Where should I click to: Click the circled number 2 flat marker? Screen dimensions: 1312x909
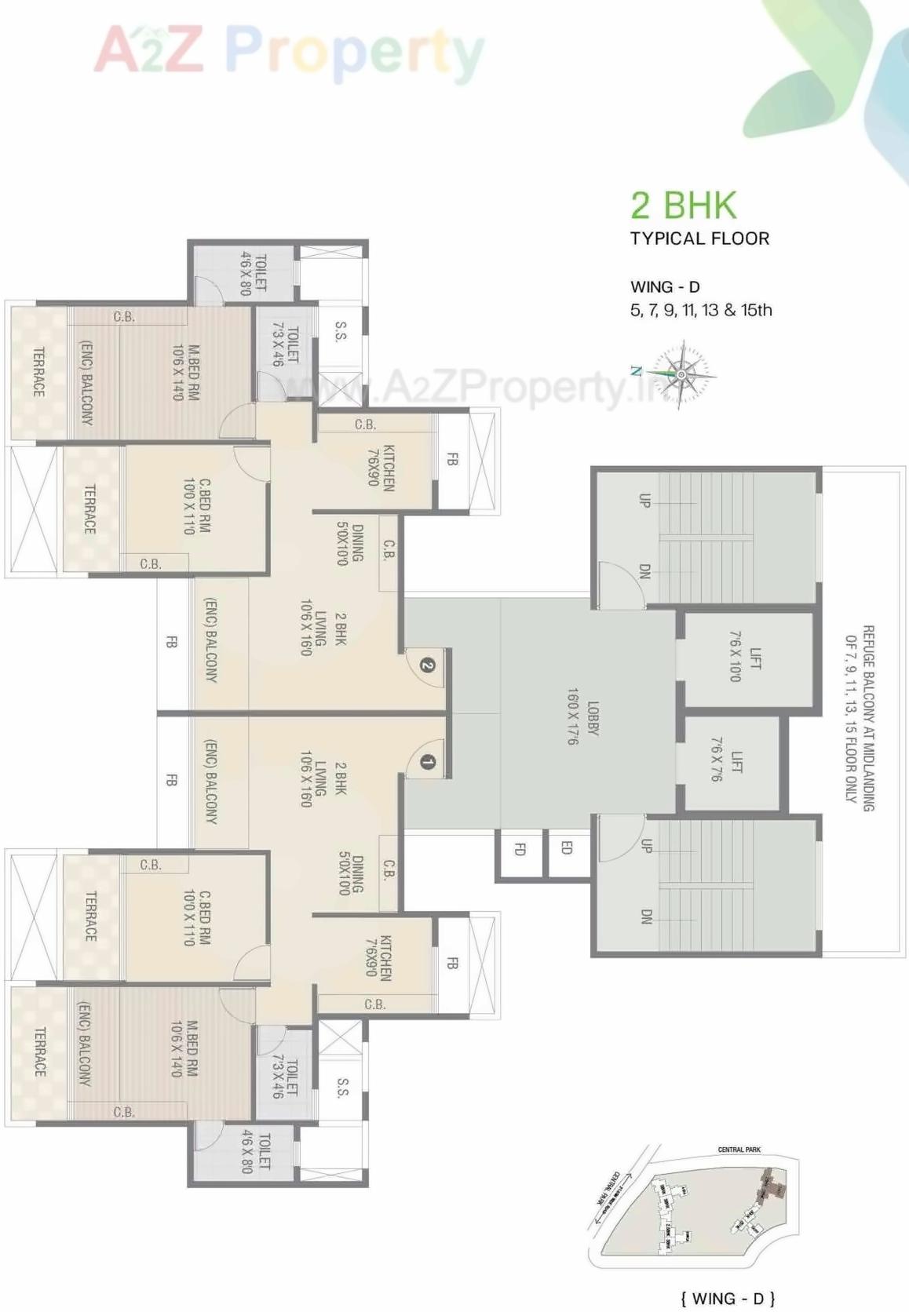427,665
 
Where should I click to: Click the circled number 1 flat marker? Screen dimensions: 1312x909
427,761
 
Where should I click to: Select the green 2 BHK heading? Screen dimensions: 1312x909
684,205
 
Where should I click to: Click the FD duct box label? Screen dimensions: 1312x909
520,849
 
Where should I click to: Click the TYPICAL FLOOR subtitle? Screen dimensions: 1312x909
699,239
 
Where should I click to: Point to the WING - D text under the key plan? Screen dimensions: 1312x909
728,1298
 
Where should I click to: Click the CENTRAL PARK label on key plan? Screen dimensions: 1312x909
739,1150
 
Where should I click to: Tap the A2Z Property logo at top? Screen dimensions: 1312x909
289,51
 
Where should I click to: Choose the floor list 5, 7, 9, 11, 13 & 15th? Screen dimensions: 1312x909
701,310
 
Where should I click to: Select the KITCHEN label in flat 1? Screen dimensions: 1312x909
377,957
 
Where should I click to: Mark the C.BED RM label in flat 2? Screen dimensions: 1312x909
196,506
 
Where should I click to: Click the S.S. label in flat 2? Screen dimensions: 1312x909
341,332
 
